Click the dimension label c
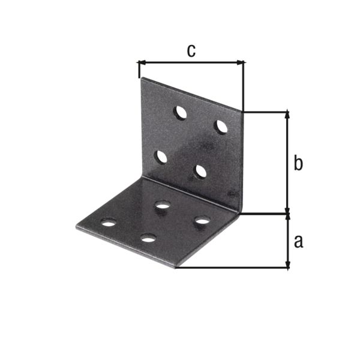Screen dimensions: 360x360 [191, 51]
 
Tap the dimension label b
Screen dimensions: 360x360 [298, 163]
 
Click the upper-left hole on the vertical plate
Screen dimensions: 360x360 [180, 112]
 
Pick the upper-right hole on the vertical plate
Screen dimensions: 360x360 [221, 127]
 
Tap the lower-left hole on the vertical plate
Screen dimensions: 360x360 [161, 157]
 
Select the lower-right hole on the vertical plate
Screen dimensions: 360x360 [201, 172]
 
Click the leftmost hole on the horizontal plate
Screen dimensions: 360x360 [109, 223]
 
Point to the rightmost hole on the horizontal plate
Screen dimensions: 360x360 [202, 221]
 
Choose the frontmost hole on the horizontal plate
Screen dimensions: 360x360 [148, 238]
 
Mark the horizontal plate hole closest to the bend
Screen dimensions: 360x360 [161, 206]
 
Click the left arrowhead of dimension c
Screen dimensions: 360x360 [142, 61]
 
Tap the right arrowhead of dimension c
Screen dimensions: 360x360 [241, 61]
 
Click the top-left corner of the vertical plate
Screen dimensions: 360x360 [141, 79]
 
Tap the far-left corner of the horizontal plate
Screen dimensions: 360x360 [77, 226]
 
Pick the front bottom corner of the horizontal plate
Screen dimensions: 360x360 [176, 268]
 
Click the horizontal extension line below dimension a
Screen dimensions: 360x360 [234, 268]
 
